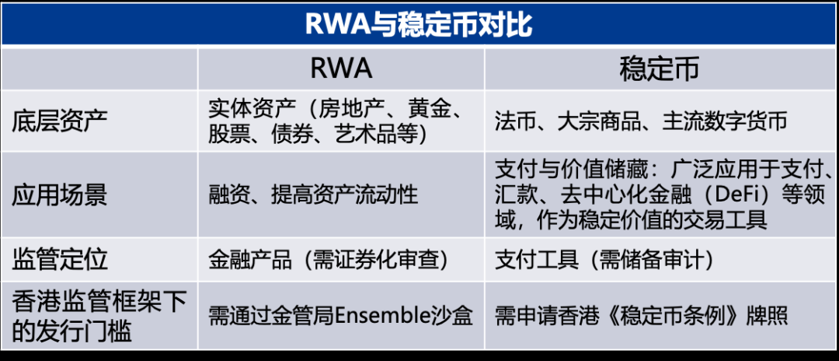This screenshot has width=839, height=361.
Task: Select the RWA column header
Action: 341,69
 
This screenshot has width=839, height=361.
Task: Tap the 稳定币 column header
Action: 660,69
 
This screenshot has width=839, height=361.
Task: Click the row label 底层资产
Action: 60,121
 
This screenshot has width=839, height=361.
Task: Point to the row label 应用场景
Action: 60,195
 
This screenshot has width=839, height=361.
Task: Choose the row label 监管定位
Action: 60,259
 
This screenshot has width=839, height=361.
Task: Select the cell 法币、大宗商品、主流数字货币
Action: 641,121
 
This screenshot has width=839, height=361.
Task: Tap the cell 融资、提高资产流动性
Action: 314,195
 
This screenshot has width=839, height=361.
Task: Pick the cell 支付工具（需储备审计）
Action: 604,260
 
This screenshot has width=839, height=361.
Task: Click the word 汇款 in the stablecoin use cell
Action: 516,195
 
